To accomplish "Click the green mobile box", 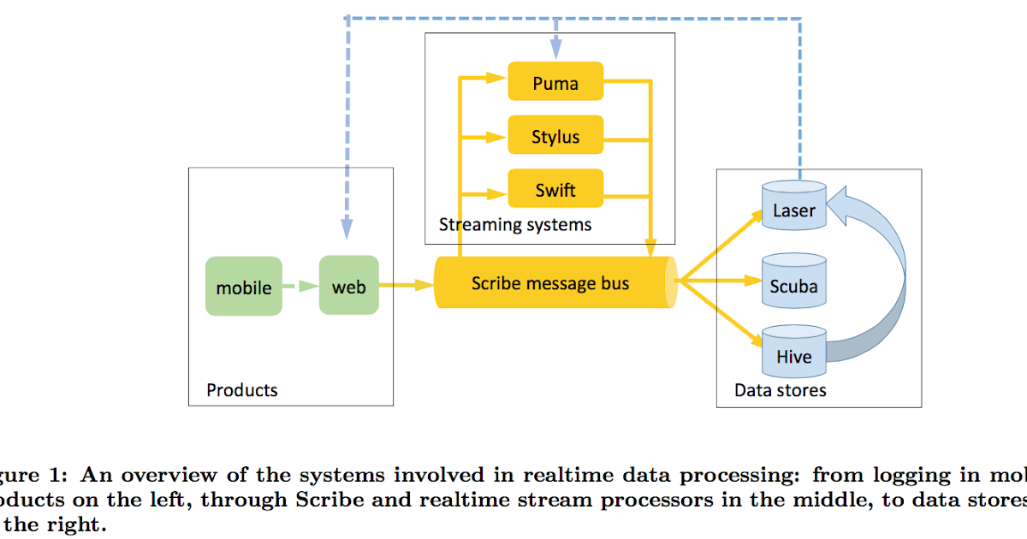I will pos(244,287).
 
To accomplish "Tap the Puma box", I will pos(555,82).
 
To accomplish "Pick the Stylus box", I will pos(555,136).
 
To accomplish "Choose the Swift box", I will pos(555,189).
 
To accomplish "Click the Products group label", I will pos(242,390).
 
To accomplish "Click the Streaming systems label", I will pos(515,225).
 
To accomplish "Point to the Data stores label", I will pos(781,390).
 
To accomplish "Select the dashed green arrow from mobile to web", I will pos(300,287).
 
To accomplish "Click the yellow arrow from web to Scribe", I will pos(406,285).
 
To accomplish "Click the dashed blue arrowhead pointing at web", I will pos(347,228).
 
